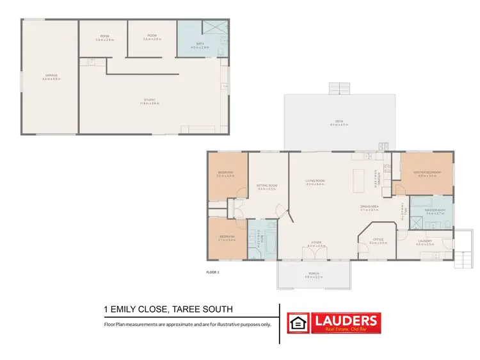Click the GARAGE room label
(x=51, y=76)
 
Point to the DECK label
(x=339, y=122)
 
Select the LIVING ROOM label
(x=315, y=181)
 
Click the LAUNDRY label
(x=425, y=241)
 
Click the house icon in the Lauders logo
(x=297, y=323)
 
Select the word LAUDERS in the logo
(x=344, y=320)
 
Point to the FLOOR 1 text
(x=212, y=273)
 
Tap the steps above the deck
(x=337, y=89)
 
